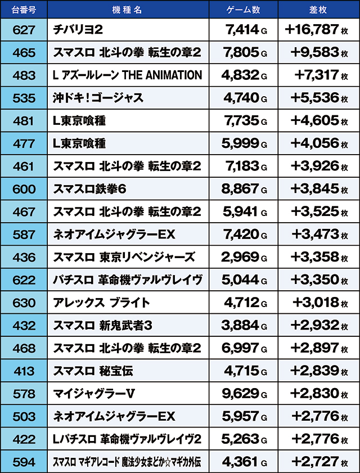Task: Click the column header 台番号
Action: pos(23,11)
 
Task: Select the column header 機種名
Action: pos(128,11)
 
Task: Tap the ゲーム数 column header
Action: pos(244,11)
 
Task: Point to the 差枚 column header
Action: pos(319,11)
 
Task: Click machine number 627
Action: pos(23,30)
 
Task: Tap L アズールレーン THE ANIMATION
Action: pos(127,75)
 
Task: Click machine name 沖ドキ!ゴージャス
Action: pos(98,98)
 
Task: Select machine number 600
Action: pos(23,189)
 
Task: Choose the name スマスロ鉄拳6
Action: pos(89,189)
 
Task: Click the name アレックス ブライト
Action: pos(101,303)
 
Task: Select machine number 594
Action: pos(23,462)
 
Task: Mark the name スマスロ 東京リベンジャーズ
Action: pos(124,257)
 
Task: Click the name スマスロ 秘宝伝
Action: pos(93,371)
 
